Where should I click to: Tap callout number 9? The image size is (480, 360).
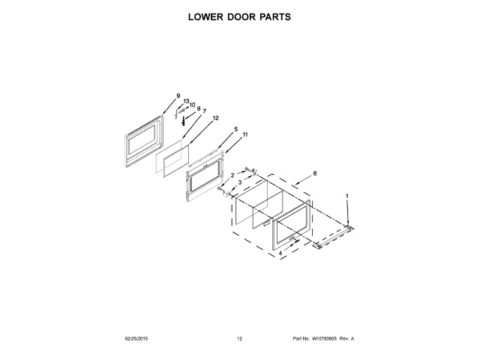coord(178,96)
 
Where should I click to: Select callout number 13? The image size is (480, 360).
coord(187,101)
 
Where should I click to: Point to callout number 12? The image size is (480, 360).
coord(215,118)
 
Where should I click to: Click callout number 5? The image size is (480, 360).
coord(235,130)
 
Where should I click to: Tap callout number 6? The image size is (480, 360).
coord(315,173)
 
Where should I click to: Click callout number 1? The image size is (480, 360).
coord(347,196)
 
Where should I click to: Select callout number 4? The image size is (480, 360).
coord(280,253)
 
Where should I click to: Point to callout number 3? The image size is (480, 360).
coord(240,182)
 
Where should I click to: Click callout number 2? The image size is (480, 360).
coord(232,175)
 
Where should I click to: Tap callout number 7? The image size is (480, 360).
coord(204,111)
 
